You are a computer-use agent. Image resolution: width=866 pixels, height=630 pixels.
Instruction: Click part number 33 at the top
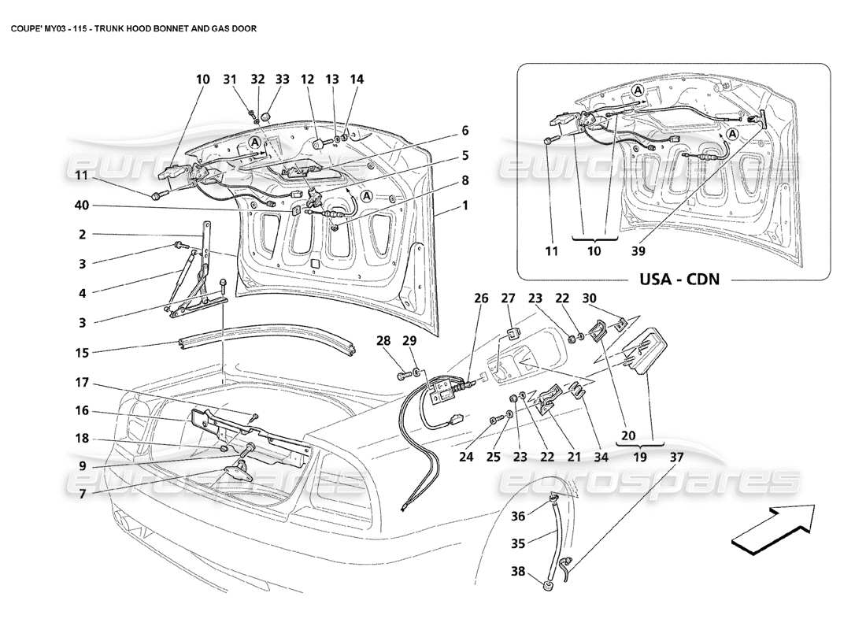(x=283, y=80)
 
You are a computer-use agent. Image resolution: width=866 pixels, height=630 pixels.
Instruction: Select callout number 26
(x=481, y=298)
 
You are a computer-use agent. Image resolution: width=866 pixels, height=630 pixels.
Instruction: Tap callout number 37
(x=676, y=456)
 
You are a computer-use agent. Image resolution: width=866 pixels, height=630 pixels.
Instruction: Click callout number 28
(x=405, y=341)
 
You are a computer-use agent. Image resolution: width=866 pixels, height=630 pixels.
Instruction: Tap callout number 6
(x=465, y=130)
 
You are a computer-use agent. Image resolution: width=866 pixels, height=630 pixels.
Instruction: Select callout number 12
(x=307, y=80)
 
